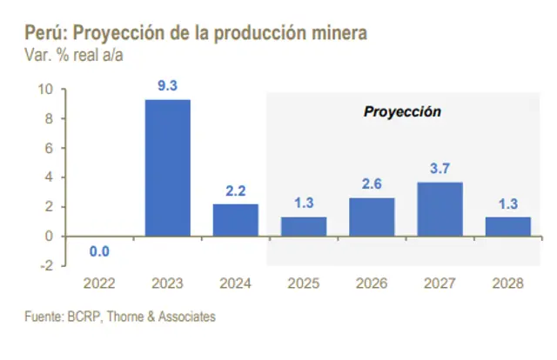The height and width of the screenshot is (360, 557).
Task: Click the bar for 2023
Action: [x=167, y=168]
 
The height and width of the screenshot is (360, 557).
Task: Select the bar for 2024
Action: [x=235, y=220]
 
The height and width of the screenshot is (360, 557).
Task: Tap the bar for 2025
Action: [x=304, y=226]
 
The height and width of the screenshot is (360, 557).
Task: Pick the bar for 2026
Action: [x=372, y=217]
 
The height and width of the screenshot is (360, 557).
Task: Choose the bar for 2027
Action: [x=440, y=209]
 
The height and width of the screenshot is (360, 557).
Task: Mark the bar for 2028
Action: [x=507, y=226]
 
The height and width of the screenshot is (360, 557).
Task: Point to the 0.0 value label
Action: [x=99, y=251]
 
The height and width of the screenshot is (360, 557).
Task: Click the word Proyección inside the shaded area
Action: [x=402, y=111]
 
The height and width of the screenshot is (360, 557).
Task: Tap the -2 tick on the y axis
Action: [x=47, y=265]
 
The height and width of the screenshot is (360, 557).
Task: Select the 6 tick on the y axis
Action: [x=50, y=148]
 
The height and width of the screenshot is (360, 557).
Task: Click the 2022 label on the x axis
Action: [x=99, y=283]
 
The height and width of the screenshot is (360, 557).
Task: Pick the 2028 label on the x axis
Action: [x=507, y=283]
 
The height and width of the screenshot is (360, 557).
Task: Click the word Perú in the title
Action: [x=40, y=34]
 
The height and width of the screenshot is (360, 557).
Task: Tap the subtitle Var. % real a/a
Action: [x=63, y=54]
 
